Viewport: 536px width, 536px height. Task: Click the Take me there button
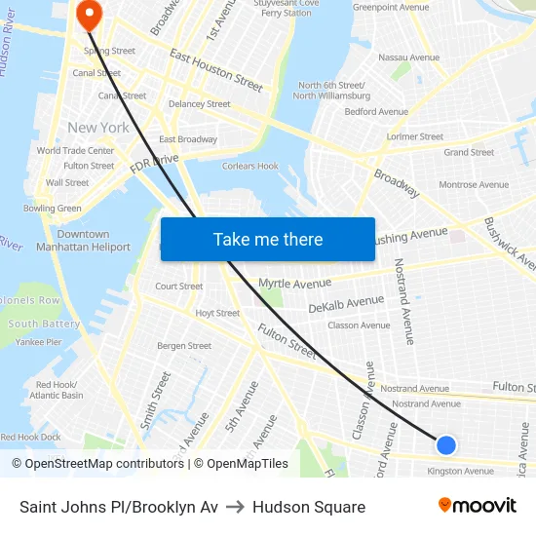click(x=268, y=239)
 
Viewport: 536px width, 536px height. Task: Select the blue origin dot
click(x=446, y=444)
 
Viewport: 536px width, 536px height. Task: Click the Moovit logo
click(x=477, y=506)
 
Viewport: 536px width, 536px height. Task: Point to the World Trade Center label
click(x=75, y=151)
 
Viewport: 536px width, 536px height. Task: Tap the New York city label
click(x=98, y=128)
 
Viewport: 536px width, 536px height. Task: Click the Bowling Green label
click(x=53, y=208)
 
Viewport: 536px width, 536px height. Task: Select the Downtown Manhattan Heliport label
click(x=83, y=241)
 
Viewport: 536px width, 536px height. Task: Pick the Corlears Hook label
click(x=250, y=167)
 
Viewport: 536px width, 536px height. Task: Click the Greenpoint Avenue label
click(x=391, y=7)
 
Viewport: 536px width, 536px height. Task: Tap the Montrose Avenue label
click(x=474, y=184)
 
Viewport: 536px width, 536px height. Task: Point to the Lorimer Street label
click(x=415, y=137)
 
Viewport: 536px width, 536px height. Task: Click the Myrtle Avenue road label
click(x=294, y=284)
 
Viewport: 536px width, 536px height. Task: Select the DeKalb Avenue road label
click(x=346, y=305)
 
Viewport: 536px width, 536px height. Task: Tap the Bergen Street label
click(x=184, y=346)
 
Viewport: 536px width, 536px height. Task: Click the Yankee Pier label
click(x=39, y=342)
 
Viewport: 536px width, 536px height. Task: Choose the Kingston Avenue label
click(x=460, y=471)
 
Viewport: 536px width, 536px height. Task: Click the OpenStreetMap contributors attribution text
click(x=97, y=464)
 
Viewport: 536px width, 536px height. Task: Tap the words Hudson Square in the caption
click(x=309, y=507)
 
